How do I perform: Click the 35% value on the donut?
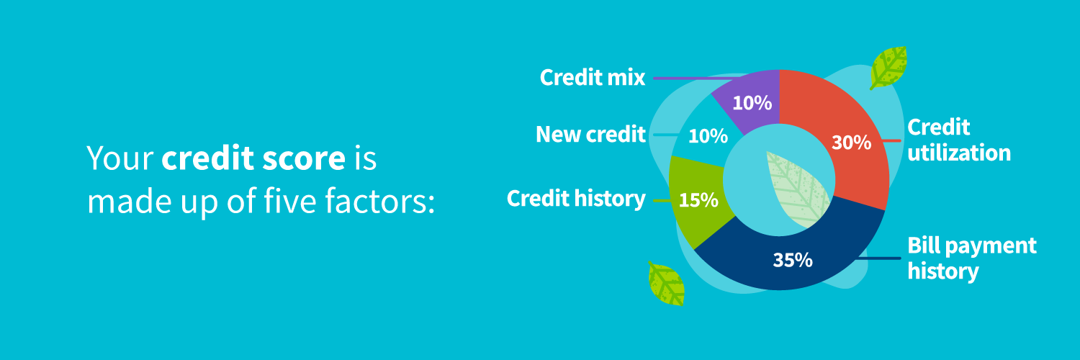click(x=793, y=260)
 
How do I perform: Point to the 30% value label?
click(x=851, y=143)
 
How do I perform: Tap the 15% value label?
click(x=698, y=200)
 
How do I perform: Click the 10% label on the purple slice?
click(x=752, y=103)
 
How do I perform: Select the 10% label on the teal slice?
click(x=708, y=135)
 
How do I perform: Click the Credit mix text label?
click(x=593, y=78)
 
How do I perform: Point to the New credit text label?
click(x=590, y=135)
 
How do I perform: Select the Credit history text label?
click(x=576, y=199)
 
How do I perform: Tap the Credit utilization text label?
click(x=958, y=140)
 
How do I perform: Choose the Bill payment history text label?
click(x=971, y=258)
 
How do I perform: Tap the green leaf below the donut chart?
click(x=666, y=283)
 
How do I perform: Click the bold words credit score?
click(x=253, y=159)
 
